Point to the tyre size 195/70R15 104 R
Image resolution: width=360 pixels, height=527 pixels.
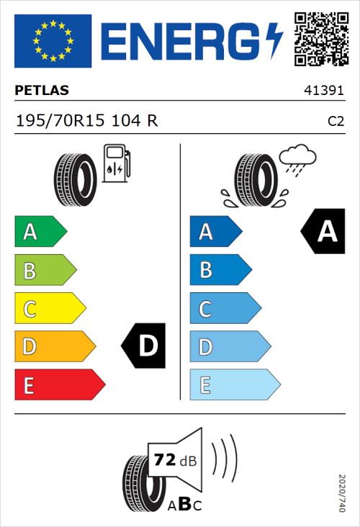coord(86,121)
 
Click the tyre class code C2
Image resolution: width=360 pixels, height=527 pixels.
coord(336,122)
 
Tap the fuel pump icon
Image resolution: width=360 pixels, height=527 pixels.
coord(116,163)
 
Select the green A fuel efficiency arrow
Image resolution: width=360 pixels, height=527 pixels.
coord(40,232)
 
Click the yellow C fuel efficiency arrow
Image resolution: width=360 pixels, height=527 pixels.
coord(49,309)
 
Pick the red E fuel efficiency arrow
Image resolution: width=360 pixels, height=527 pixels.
coord(59,384)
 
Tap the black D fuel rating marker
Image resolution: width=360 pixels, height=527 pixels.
coord(145,346)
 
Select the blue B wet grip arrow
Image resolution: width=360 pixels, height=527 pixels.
coord(220,270)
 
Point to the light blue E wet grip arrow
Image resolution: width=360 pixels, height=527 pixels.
coord(234,384)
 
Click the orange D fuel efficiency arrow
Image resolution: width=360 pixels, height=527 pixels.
coord(54,346)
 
